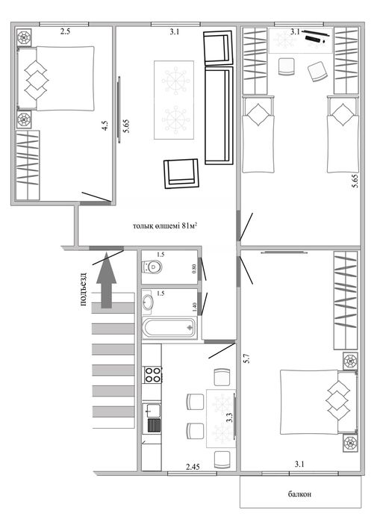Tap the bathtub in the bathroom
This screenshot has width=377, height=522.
point(169,328)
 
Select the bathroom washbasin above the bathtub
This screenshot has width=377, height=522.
point(147,302)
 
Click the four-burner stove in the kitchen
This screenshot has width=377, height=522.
point(152,375)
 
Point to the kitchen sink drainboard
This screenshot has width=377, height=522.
point(154,425)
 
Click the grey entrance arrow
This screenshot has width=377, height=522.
point(106,280)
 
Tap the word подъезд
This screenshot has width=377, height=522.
point(84,289)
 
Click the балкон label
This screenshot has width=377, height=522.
point(300,494)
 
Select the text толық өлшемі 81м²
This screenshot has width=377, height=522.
point(165,226)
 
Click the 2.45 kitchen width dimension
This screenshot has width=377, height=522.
point(193,467)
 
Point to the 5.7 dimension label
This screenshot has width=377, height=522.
point(247,358)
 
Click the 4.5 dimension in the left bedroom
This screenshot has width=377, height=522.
point(105,125)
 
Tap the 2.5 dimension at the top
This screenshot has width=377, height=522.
point(65,32)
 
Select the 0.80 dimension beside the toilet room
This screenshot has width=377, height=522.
point(194,269)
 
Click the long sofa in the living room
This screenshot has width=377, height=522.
point(219,115)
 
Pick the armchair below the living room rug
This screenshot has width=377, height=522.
point(181,173)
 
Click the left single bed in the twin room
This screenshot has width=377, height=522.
point(258,134)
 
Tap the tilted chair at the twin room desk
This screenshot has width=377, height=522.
point(317,71)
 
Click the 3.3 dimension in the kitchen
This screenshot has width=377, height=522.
point(229,418)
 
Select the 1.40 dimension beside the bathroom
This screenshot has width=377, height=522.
point(194,307)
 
